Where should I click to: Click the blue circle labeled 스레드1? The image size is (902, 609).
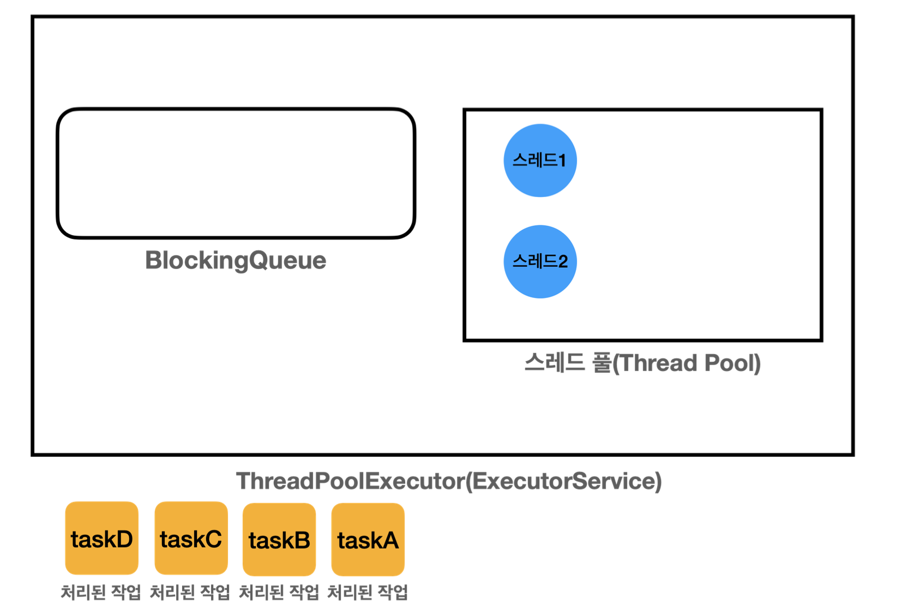[540, 160]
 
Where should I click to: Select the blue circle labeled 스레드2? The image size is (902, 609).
[540, 261]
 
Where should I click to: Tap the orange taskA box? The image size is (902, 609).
[368, 539]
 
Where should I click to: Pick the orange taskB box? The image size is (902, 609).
[279, 539]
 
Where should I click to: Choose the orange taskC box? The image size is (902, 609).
[191, 538]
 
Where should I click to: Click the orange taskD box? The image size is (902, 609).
[102, 538]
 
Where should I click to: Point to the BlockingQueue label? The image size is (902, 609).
[236, 261]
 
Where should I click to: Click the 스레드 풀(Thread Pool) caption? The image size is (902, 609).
[642, 363]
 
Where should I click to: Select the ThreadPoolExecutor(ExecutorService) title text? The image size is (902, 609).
[449, 481]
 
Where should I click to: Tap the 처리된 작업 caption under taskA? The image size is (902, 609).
[368, 593]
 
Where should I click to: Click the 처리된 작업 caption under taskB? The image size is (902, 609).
[279, 593]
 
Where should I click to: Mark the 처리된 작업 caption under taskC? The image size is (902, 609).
[190, 593]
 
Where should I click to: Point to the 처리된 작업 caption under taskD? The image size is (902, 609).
[101, 593]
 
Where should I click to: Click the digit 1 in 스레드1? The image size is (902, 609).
[562, 161]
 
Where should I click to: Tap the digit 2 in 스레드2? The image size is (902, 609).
[563, 262]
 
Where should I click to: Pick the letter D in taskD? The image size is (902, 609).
[124, 539]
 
